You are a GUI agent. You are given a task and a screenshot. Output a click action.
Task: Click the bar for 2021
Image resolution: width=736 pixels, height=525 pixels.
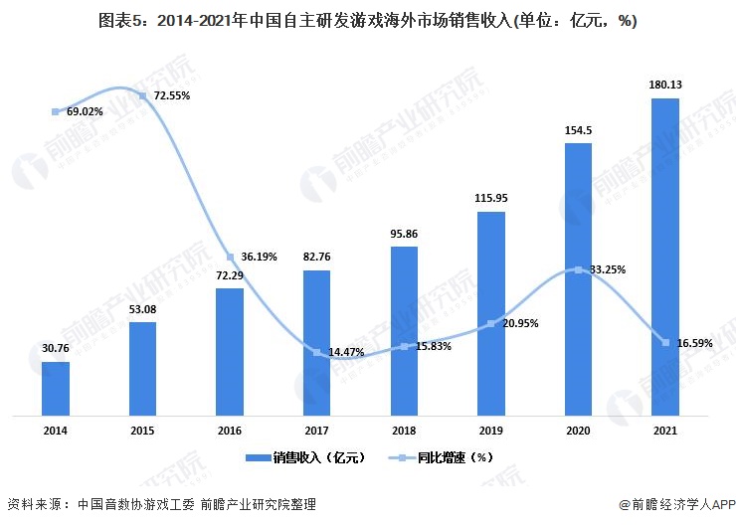tap(664, 257)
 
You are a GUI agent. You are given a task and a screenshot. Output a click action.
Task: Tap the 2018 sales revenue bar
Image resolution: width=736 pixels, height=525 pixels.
tap(404, 330)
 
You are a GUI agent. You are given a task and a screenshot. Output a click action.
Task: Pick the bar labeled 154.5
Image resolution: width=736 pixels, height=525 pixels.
tap(578, 278)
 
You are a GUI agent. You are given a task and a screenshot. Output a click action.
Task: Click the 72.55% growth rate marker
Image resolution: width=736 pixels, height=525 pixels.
tap(142, 96)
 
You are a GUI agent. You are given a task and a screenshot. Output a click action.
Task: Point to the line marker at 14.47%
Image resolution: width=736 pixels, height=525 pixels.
tap(317, 353)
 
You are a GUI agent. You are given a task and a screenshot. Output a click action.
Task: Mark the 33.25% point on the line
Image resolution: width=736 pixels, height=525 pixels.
tap(578, 269)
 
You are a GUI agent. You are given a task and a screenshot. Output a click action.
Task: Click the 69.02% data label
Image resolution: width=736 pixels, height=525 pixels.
tap(86, 112)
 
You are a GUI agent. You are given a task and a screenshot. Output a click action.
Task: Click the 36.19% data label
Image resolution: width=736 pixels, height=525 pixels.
tap(260, 257)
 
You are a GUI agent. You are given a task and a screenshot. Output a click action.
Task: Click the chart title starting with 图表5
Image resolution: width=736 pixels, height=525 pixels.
tap(367, 19)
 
